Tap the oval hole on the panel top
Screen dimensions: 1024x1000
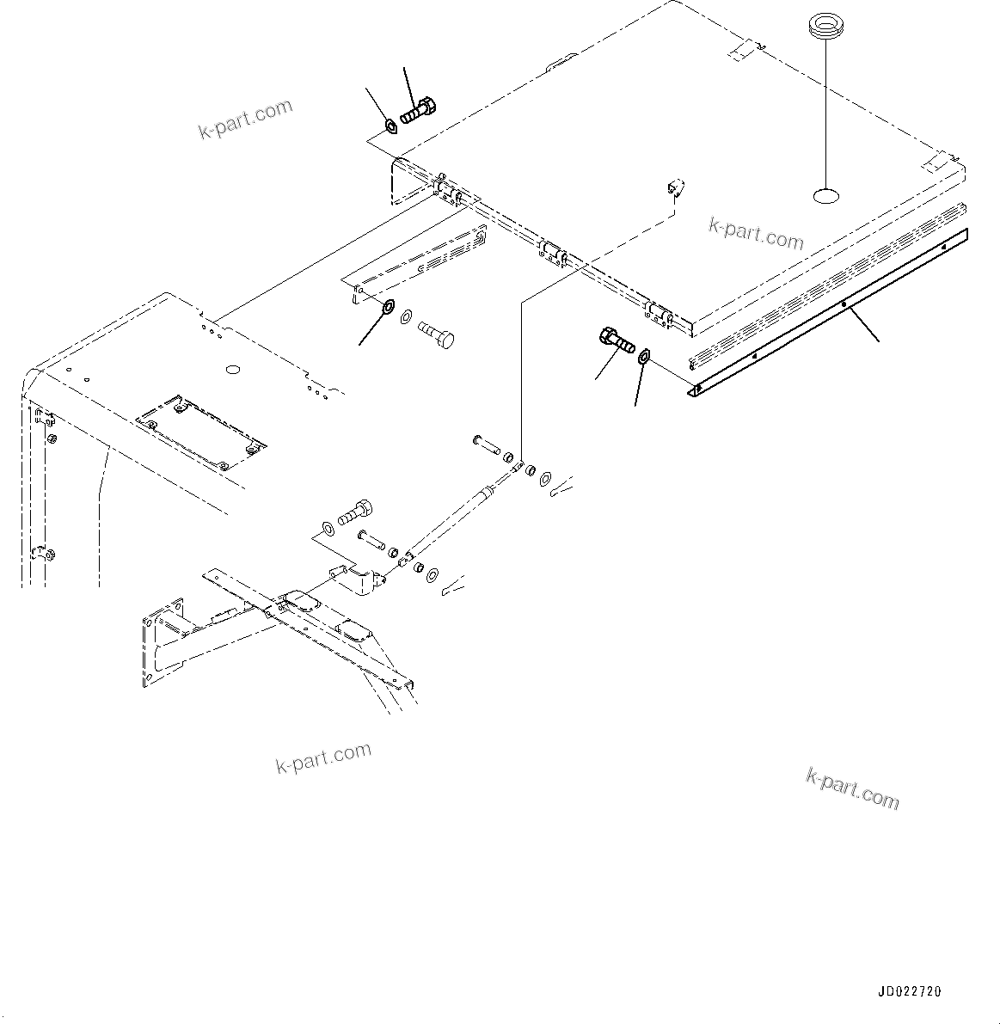[826, 197]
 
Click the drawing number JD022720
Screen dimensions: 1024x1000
[909, 991]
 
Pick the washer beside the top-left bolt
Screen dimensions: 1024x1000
[391, 127]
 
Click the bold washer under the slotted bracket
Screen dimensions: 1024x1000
[388, 306]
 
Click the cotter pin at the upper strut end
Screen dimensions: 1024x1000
[564, 487]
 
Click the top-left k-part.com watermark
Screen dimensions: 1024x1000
[246, 120]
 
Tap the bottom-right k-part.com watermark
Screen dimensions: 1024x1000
[852, 788]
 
